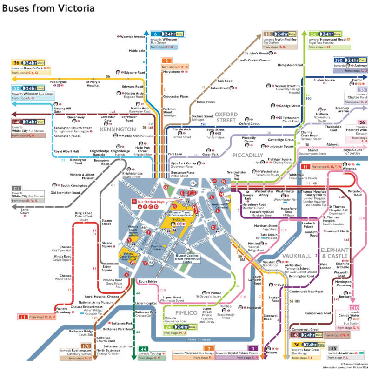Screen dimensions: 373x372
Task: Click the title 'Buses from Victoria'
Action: (x=49, y=8)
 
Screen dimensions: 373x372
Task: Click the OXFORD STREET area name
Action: (x=226, y=118)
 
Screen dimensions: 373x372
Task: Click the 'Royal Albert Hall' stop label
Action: (x=66, y=151)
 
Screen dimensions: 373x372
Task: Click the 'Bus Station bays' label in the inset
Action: (x=151, y=202)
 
